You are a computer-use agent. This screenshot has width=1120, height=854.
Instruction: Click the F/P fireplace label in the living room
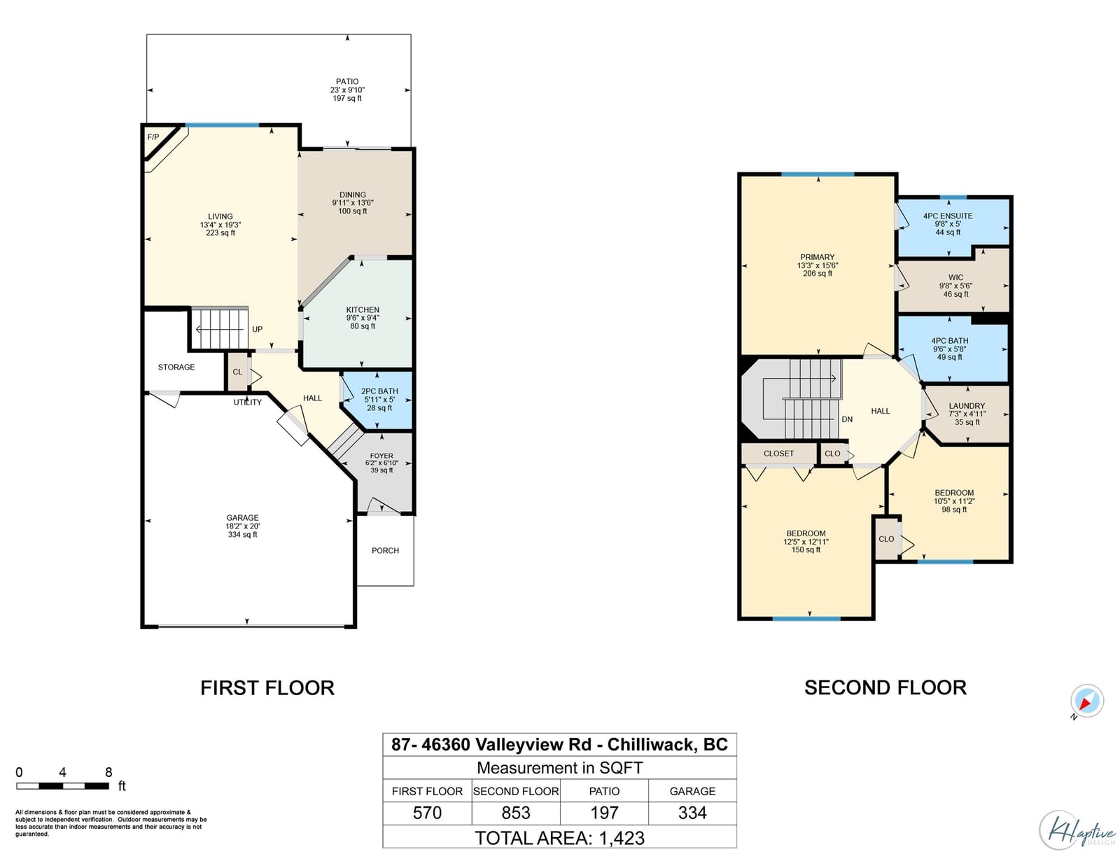click(153, 137)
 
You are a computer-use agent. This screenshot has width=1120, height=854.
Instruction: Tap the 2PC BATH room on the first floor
click(378, 400)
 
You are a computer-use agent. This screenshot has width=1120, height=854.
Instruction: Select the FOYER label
click(381, 456)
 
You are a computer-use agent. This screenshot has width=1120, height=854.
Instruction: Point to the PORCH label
click(385, 550)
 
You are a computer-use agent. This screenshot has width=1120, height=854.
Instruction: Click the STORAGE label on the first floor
click(176, 367)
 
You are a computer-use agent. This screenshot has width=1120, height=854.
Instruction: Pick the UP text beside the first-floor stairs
click(257, 329)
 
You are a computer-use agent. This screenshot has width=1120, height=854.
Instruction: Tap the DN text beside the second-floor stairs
click(847, 419)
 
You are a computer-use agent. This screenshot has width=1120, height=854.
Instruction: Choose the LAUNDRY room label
click(967, 405)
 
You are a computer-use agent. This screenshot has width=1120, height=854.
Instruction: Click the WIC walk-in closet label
click(955, 277)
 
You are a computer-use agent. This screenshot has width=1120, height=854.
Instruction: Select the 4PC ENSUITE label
click(948, 216)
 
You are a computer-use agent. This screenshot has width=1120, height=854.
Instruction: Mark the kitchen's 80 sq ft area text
click(363, 326)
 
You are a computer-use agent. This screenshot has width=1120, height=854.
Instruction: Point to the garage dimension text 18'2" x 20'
click(242, 526)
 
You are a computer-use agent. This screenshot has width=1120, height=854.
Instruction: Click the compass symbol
click(1087, 701)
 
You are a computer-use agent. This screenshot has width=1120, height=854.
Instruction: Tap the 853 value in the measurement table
click(515, 813)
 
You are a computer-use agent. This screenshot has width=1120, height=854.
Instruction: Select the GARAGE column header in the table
click(692, 791)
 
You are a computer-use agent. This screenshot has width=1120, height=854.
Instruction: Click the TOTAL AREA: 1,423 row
click(560, 838)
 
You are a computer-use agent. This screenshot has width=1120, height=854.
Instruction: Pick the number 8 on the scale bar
click(108, 772)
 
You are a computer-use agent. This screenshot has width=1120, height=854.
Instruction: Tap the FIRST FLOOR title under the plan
click(267, 687)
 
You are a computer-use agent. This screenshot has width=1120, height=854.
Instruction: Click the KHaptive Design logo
click(1078, 830)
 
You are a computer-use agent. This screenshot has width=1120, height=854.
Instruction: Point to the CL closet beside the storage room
click(237, 372)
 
